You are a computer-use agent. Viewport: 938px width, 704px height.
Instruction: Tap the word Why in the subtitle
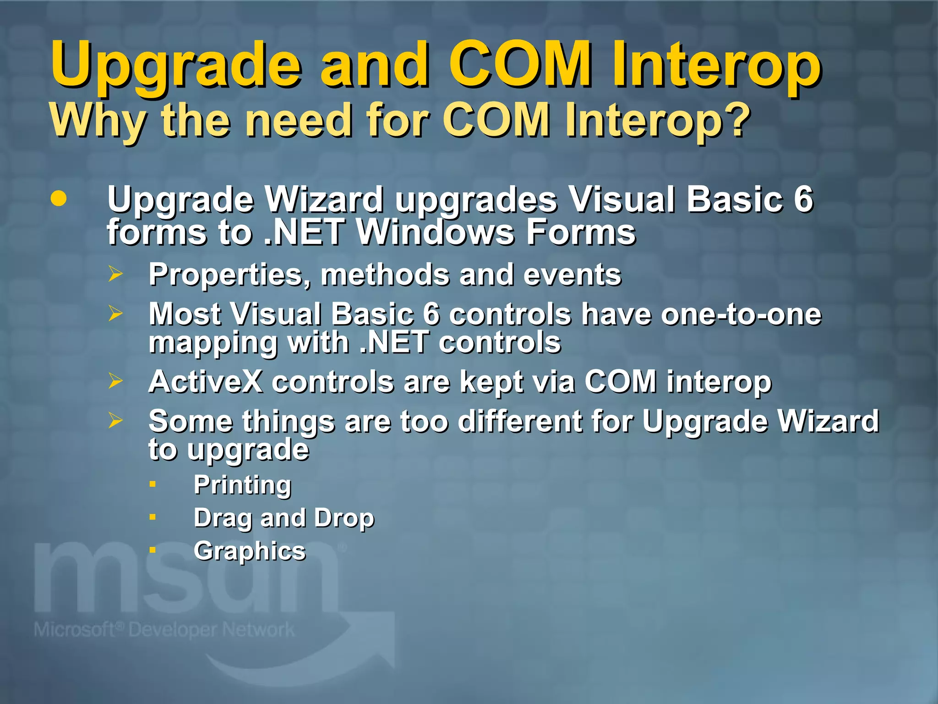[x=98, y=120]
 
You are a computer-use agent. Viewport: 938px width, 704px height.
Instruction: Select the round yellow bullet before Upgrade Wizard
[x=59, y=199]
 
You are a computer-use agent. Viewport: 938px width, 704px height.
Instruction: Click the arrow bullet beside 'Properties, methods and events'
[x=115, y=274]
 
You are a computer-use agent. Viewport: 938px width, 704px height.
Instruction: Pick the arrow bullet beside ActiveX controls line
[x=115, y=381]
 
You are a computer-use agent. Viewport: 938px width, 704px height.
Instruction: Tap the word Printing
[x=242, y=485]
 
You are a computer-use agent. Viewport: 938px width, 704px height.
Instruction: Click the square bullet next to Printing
[x=153, y=484]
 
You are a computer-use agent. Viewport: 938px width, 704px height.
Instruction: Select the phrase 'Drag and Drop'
[x=284, y=518]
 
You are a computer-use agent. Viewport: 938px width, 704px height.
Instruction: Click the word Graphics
[x=250, y=551]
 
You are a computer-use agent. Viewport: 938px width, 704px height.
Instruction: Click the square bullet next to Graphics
[x=153, y=550]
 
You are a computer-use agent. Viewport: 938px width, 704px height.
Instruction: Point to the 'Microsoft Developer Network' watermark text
[x=164, y=630]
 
